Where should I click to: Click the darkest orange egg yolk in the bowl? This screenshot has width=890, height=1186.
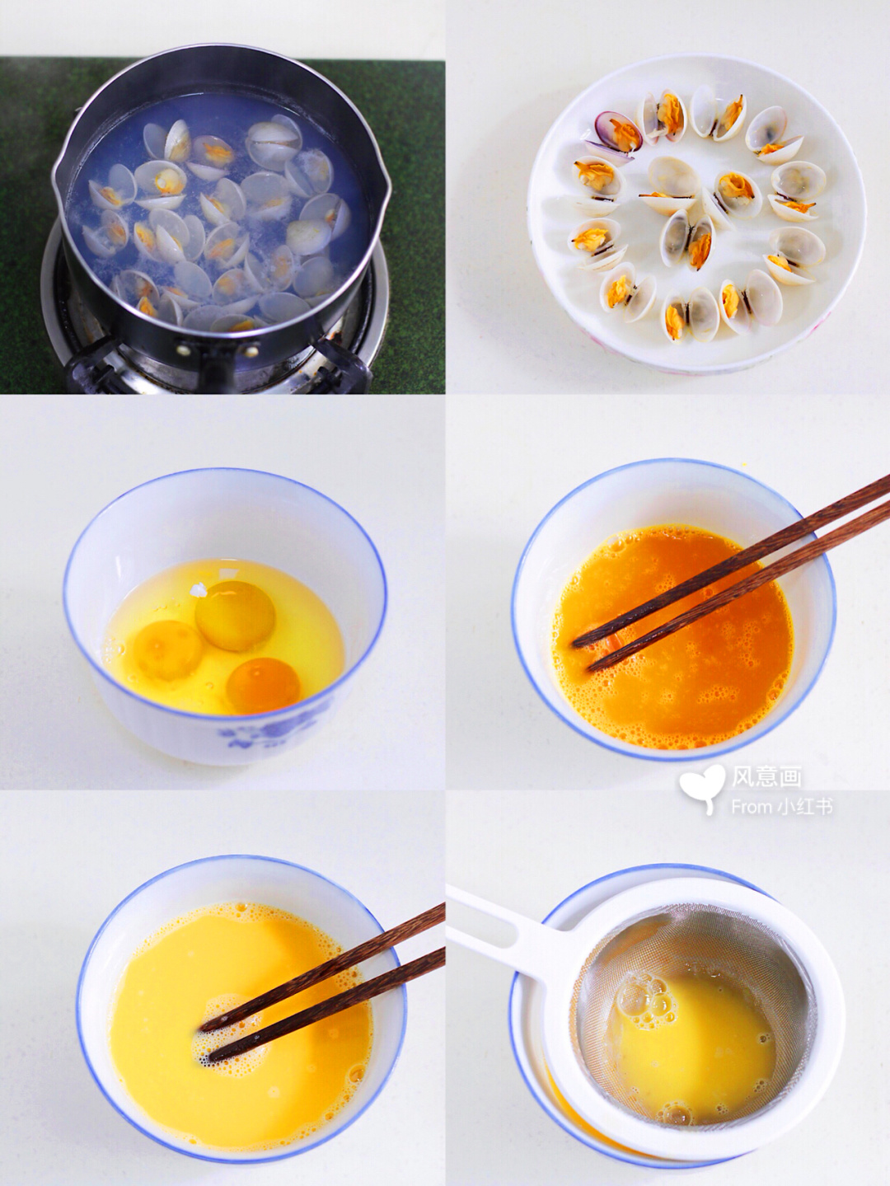pyautogui.click(x=263, y=685)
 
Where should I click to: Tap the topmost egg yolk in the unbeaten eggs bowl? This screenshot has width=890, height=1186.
pyautogui.click(x=236, y=616)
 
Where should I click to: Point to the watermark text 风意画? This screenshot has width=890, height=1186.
pyautogui.click(x=767, y=778)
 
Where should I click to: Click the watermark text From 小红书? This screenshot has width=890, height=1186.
pyautogui.click(x=782, y=807)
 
